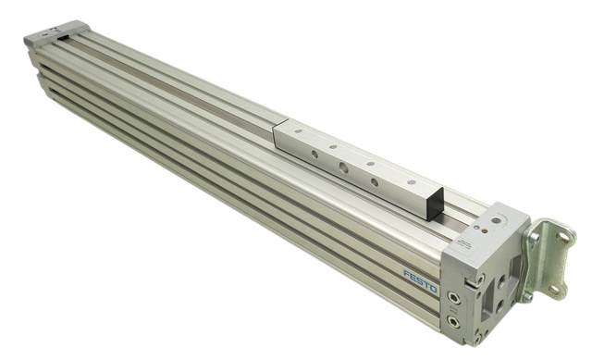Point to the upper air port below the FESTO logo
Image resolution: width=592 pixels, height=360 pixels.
click(451, 297)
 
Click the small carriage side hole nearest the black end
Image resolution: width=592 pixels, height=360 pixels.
click(375, 182)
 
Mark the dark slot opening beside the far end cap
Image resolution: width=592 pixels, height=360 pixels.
click(64, 39)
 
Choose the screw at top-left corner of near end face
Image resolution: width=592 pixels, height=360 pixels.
click(478, 279)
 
